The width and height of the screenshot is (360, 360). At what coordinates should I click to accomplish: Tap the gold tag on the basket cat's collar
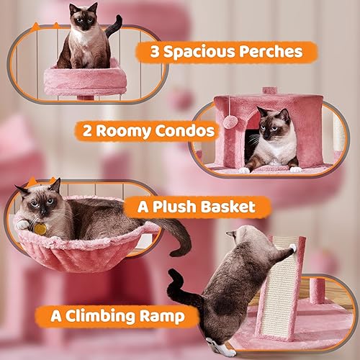point(40,228)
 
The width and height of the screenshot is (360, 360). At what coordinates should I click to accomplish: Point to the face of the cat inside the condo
point(273,127)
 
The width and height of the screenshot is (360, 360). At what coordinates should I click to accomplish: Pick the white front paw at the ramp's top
point(292,249)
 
